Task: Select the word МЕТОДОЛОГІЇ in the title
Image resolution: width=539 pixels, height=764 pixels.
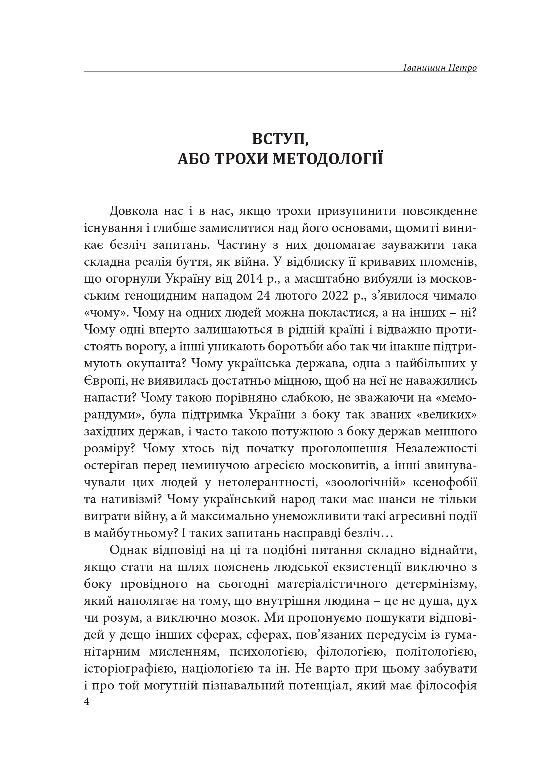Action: [x=328, y=159]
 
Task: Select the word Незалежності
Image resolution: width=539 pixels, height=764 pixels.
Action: [x=436, y=449]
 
